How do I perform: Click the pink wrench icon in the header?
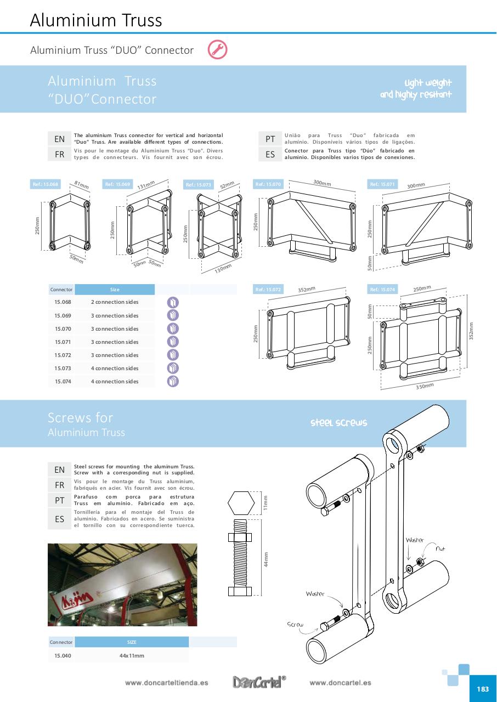217,50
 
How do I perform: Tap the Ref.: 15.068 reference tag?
46,184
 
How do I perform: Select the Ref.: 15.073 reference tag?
198,185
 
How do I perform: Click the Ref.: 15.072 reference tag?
268,289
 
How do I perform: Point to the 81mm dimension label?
81,185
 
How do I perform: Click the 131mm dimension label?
146,185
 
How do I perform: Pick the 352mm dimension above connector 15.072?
307,289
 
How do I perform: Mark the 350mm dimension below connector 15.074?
425,387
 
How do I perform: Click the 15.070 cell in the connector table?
63,329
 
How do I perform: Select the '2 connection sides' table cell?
115,302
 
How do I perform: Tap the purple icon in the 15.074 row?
173,382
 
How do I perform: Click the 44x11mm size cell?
132,655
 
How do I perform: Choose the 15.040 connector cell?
63,655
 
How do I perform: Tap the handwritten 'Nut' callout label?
440,548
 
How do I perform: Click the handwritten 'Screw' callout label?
295,624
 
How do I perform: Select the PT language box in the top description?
270,139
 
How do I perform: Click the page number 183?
483,689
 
